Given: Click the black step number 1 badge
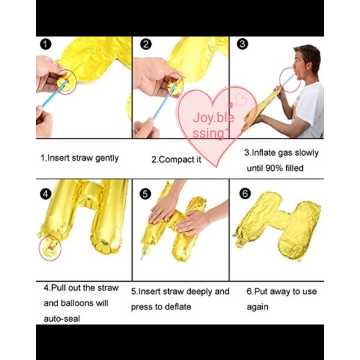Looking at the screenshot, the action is (x=46, y=44).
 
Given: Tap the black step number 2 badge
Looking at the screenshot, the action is (x=146, y=44).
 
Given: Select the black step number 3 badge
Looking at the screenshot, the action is (x=242, y=44).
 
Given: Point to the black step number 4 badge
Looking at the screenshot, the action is (x=46, y=194).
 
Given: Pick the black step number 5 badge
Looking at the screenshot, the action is (x=145, y=194).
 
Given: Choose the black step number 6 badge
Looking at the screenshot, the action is (x=245, y=193).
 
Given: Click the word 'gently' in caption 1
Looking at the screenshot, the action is (x=107, y=159).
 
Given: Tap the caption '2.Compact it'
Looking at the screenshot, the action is (x=176, y=160).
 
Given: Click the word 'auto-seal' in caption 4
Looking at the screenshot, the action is (x=62, y=319).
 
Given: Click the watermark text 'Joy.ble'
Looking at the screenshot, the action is (x=214, y=118).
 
